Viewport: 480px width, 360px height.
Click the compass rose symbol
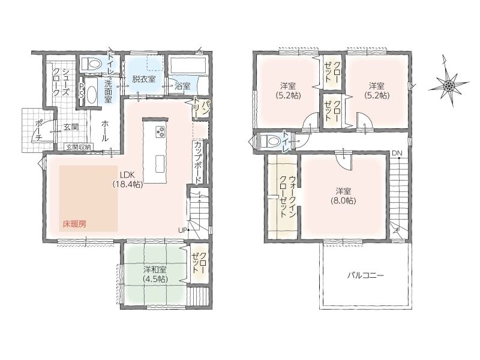[x=448, y=85]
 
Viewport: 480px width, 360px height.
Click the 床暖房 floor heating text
[x=74, y=224]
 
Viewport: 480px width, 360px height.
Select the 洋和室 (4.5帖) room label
[x=155, y=274]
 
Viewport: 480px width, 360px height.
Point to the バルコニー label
[x=365, y=275]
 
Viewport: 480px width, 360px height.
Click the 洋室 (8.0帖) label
[x=343, y=196]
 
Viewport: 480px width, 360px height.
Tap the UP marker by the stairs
[x=183, y=230]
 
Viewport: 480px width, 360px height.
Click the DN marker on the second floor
[x=396, y=153]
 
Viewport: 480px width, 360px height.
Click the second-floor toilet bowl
[x=270, y=141]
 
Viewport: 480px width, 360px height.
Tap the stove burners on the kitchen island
[x=160, y=132]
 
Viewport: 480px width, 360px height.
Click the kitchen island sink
[x=160, y=164]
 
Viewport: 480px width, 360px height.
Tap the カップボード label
[x=198, y=161]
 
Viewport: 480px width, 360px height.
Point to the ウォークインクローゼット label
[x=287, y=197]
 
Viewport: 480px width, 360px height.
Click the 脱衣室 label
[x=144, y=80]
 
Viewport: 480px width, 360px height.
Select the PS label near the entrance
[x=81, y=91]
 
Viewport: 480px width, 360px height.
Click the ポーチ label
[x=39, y=130]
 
